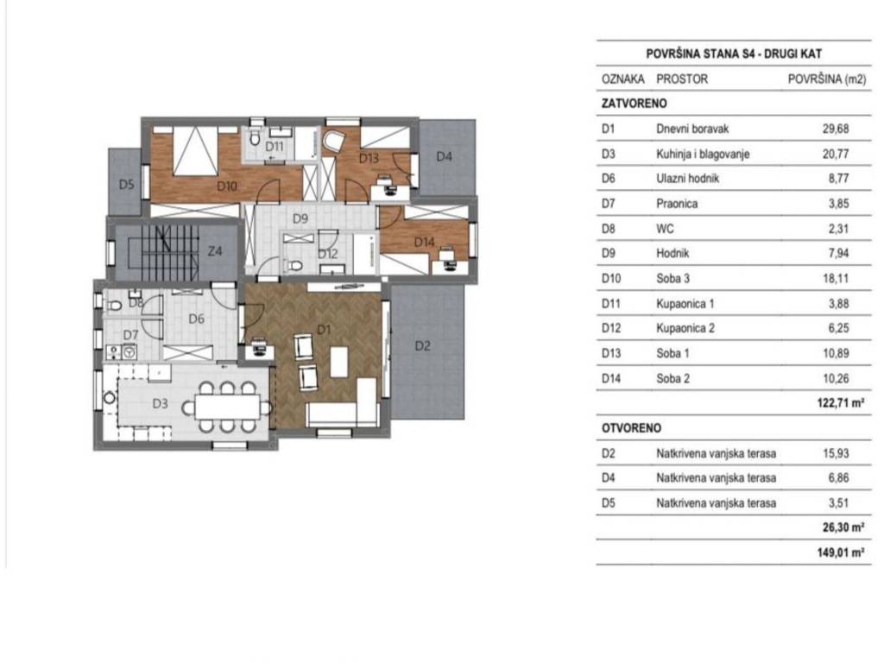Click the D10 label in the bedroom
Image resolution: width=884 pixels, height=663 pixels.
tap(227, 184)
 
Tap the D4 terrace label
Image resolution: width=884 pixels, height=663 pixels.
tap(445, 157)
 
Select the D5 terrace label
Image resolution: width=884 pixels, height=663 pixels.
tap(126, 185)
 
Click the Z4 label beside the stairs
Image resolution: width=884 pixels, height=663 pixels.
tap(216, 252)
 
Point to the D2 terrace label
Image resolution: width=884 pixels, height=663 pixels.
tap(422, 346)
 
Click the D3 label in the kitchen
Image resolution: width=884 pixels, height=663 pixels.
tap(160, 403)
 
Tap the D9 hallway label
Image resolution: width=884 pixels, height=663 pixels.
tap(300, 218)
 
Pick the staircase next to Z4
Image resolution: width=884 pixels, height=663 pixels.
tap(156, 251)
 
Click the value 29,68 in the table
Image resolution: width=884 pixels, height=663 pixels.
tap(837, 129)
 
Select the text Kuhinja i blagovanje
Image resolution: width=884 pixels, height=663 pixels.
tap(703, 155)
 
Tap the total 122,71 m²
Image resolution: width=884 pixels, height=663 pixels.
tap(840, 402)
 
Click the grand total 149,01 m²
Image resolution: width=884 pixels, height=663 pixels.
tap(840, 553)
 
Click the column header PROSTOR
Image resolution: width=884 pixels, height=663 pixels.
tap(682, 79)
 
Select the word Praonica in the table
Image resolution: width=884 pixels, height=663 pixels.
tap(676, 205)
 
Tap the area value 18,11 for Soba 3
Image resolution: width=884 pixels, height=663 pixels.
tap(837, 279)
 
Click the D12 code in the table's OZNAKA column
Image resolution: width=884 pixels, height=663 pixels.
tap(609, 329)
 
